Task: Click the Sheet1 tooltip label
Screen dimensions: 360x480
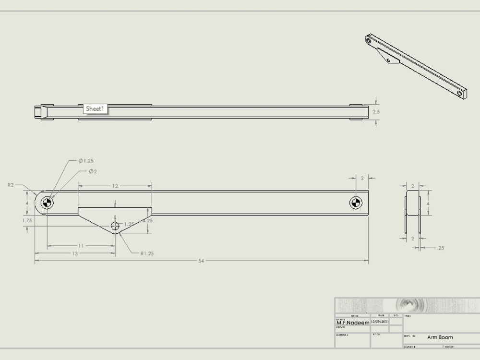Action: (x=95, y=109)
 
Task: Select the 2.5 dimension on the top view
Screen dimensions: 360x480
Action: (x=376, y=111)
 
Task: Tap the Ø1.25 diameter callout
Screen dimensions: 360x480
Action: (x=86, y=161)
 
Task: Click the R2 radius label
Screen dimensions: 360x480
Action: (x=11, y=184)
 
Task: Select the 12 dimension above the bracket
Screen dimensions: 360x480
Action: (x=115, y=185)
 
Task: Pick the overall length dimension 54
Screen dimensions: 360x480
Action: (x=201, y=261)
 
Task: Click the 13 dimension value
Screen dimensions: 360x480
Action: (x=75, y=253)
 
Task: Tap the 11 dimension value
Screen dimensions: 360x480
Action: (x=81, y=246)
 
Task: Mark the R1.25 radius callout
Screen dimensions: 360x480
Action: (x=147, y=253)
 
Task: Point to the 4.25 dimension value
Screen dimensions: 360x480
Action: (x=148, y=221)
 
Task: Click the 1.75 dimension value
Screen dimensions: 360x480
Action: (x=27, y=220)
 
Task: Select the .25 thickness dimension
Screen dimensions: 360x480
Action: (x=440, y=248)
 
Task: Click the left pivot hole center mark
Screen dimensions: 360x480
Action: (x=47, y=203)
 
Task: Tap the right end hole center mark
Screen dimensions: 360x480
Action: (x=355, y=203)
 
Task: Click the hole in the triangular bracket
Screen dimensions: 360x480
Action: (x=115, y=226)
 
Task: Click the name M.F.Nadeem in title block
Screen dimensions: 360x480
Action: (x=353, y=323)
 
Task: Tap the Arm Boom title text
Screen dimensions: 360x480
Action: (x=440, y=337)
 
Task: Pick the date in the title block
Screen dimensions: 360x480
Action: (x=379, y=321)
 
